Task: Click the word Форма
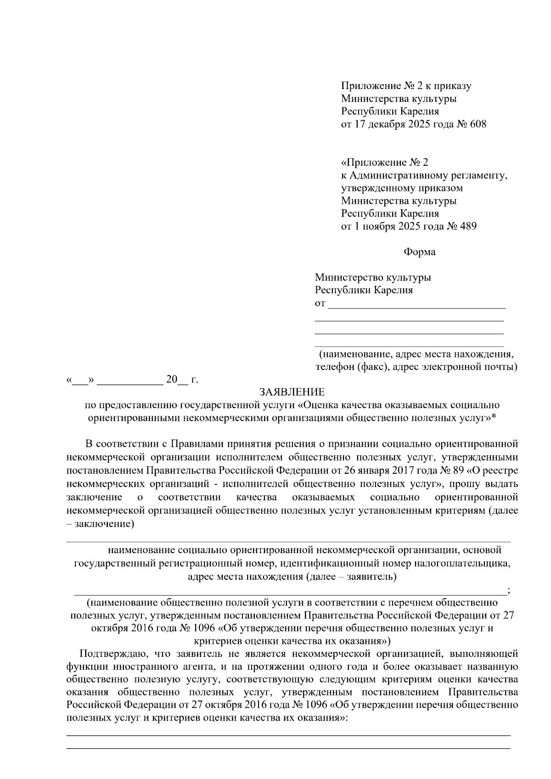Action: tap(419, 252)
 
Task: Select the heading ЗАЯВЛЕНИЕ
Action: tap(292, 392)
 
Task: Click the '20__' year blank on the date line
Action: tap(177, 380)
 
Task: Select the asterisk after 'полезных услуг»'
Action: tap(494, 417)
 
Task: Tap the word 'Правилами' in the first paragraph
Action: tap(192, 444)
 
